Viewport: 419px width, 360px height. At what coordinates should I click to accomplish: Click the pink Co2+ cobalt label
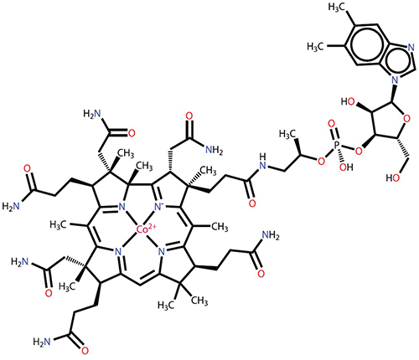point(146,229)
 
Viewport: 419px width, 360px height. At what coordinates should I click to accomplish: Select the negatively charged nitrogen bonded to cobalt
point(160,207)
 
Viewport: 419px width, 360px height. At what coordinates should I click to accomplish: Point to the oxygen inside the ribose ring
point(407,119)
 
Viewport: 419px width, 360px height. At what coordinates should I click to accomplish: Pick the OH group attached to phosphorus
point(346,167)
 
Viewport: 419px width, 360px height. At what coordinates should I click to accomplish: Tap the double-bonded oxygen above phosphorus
point(332,123)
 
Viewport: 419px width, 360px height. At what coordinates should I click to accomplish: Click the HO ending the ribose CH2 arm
point(393,177)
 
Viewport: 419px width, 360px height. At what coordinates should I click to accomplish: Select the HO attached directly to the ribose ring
point(348,101)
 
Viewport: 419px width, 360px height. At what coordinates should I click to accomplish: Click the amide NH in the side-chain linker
point(262,162)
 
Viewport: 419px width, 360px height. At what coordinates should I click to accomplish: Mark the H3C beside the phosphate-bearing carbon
point(287,134)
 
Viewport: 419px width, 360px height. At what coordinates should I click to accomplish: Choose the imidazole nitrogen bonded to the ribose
point(395,80)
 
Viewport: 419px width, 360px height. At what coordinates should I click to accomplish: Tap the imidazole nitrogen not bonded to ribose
point(411,47)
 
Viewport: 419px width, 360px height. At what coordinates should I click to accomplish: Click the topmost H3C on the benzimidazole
point(338,8)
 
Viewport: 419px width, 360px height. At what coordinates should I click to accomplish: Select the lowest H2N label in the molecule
point(42,342)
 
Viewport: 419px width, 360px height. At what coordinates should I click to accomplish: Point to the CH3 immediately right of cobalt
point(220,227)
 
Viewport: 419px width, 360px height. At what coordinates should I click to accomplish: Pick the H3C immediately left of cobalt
point(59,224)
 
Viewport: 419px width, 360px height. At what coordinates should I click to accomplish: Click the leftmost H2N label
point(11,207)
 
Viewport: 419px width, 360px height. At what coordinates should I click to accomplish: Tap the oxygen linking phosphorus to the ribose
point(359,151)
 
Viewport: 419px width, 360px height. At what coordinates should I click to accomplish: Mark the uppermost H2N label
point(92,113)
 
